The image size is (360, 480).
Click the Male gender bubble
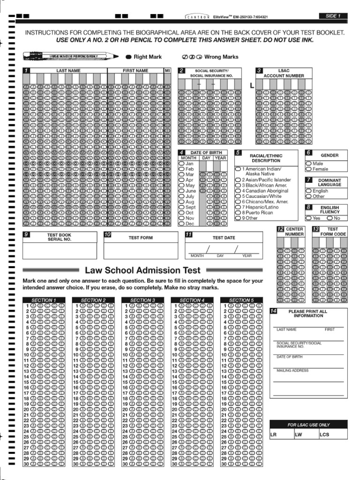point(308,164)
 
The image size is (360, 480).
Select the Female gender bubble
point(308,169)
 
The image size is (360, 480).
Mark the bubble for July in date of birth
point(181,196)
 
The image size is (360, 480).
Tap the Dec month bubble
point(181,224)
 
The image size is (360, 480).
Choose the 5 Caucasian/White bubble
point(238,196)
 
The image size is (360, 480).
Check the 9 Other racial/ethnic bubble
point(238,218)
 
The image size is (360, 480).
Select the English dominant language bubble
point(308,191)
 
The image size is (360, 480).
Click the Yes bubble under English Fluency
point(308,218)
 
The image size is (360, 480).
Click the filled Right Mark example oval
point(129,57)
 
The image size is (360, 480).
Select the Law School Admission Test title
point(142,270)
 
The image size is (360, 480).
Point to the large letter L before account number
point(252,86)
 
